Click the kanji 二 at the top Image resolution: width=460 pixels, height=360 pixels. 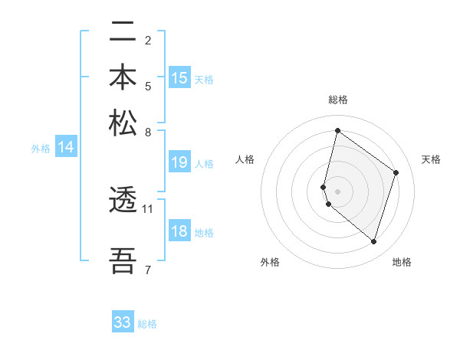(123, 33)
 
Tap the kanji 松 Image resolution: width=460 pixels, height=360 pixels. (123, 123)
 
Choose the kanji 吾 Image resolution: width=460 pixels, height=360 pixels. (123, 261)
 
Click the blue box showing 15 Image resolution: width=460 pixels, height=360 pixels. (179, 78)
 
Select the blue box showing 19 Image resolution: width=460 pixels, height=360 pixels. (179, 162)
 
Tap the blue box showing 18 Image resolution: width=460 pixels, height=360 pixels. (179, 232)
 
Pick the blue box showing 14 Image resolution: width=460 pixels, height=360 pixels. (66, 148)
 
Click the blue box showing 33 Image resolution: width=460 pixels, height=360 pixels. (123, 322)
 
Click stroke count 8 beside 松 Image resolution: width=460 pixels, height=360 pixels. (148, 132)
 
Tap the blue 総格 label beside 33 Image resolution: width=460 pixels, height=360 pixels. (147, 324)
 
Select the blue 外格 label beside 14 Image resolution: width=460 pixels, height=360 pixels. (41, 149)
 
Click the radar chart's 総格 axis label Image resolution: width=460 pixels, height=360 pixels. (338, 100)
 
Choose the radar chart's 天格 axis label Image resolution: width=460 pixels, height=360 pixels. (431, 159)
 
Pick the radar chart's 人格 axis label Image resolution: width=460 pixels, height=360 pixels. (245, 159)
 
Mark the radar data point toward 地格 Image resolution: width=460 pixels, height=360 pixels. (373, 242)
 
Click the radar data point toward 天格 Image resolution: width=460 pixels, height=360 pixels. (396, 172)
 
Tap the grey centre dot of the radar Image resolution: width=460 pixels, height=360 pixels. (338, 191)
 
